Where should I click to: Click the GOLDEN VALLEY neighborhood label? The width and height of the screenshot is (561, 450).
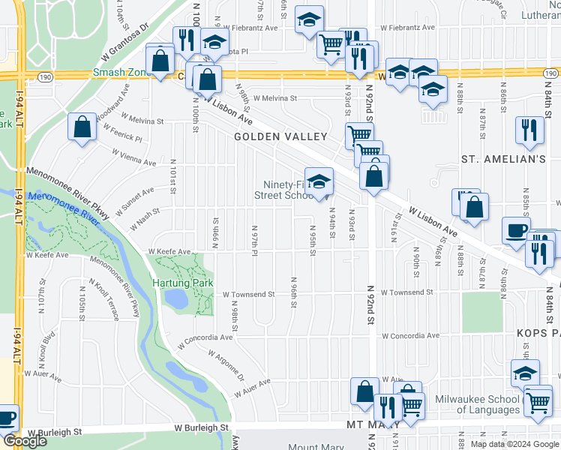point(280,136)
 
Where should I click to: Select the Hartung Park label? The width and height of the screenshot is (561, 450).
point(183,283)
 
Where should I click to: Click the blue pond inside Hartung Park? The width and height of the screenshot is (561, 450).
point(178,298)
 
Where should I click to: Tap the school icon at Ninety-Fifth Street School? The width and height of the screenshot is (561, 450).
point(319,182)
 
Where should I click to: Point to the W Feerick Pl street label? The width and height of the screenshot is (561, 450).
point(123,135)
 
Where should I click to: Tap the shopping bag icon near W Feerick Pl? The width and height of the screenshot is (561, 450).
point(82,126)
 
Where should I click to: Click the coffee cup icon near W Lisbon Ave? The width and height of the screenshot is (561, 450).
point(515,229)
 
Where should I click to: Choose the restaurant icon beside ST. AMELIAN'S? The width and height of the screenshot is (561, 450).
point(529,130)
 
